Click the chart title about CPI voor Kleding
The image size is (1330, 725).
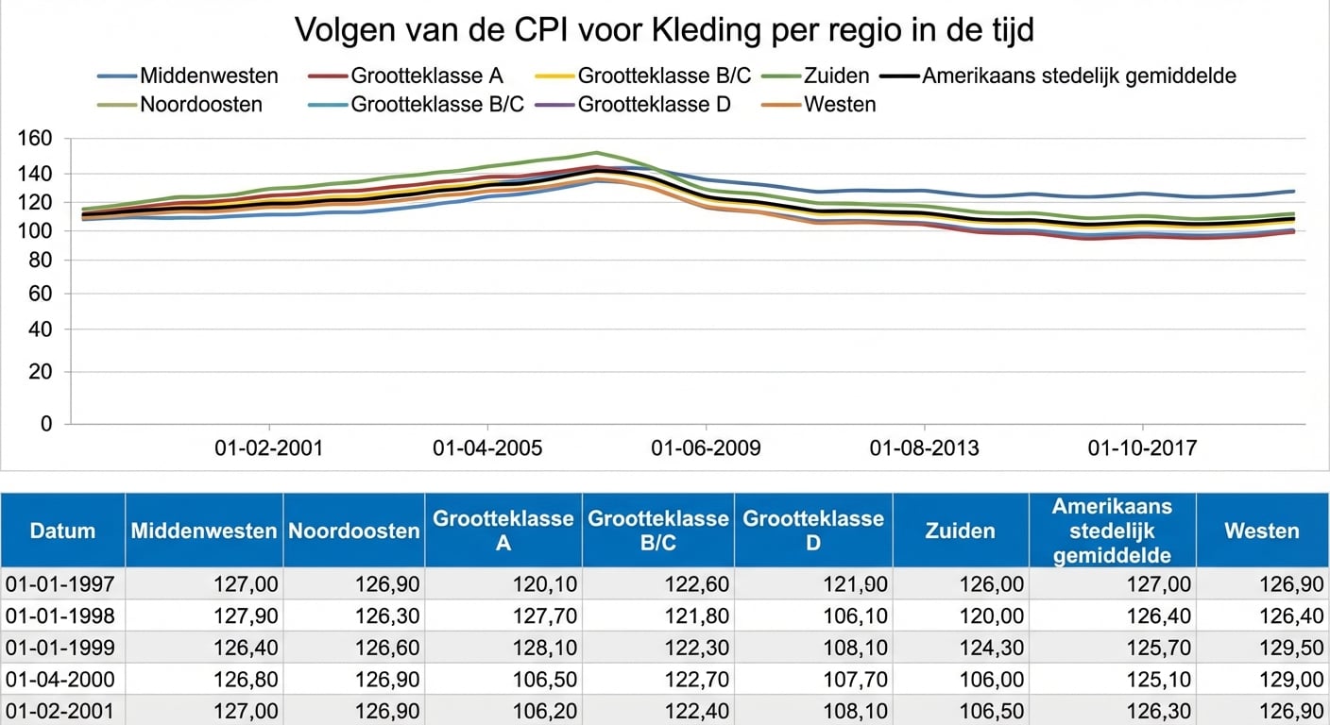664,29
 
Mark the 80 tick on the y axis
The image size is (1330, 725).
40,261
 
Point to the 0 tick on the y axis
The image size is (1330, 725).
45,425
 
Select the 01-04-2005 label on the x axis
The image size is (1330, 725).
487,448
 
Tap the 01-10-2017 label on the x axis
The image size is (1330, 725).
1142,448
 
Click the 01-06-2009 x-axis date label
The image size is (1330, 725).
706,448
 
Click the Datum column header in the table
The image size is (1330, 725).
62,531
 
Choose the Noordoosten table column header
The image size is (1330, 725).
353,531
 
